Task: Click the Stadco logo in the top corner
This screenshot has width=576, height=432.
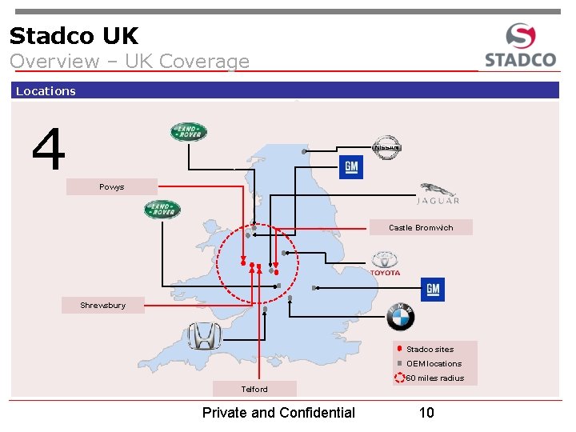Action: (x=520, y=46)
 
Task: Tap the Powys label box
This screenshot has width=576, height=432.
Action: (x=112, y=187)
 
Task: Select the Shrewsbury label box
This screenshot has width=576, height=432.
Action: (x=103, y=306)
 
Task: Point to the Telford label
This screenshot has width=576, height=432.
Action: (x=254, y=389)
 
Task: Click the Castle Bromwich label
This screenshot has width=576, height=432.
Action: (x=421, y=228)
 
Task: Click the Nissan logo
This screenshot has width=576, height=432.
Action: (x=386, y=147)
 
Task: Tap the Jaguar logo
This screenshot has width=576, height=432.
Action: (x=438, y=194)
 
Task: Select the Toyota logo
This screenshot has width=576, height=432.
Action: (x=385, y=264)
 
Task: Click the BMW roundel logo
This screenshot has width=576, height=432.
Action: (x=400, y=317)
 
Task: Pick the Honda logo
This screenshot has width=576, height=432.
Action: (x=203, y=336)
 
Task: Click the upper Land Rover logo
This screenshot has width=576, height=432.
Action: (x=189, y=132)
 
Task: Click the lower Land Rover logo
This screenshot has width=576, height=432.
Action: (x=162, y=210)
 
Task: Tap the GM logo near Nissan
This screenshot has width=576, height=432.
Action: (x=350, y=167)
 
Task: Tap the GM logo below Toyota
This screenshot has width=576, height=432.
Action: (x=432, y=290)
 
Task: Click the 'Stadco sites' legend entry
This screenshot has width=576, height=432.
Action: (x=429, y=350)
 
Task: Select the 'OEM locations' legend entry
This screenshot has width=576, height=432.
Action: (x=433, y=364)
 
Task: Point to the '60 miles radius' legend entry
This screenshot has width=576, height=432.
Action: (x=433, y=378)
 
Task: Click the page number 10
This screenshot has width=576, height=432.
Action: (x=426, y=413)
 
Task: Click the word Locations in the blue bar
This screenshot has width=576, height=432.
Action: (x=46, y=91)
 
